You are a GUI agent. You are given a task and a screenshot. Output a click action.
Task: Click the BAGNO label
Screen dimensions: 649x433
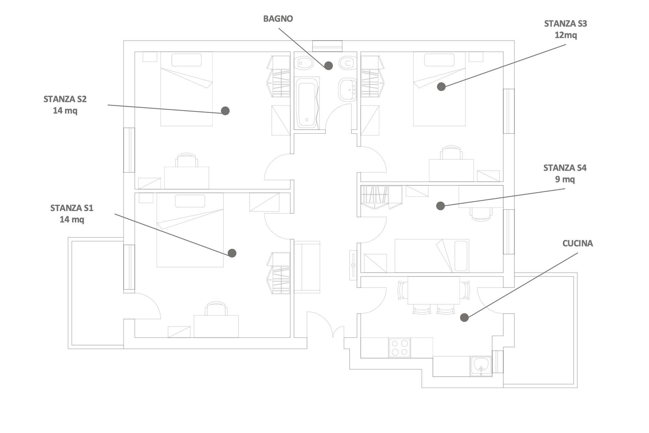278,19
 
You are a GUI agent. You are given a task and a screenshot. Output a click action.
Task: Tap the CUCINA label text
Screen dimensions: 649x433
578,243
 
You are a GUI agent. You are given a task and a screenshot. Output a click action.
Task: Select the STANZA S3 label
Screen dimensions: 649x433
566,24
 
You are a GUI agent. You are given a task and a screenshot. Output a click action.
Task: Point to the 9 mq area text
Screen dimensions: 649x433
565,179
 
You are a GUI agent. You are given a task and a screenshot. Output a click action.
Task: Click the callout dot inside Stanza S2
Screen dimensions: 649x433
225,111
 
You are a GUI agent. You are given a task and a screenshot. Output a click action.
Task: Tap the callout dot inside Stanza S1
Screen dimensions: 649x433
232,253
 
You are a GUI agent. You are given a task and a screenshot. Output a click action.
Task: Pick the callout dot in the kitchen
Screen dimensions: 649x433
464,317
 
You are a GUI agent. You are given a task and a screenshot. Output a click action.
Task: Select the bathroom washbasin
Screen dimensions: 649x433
347,89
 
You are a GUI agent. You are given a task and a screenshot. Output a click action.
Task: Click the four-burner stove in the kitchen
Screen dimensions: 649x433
400,348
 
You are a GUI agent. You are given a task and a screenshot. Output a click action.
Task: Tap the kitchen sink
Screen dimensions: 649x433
481,366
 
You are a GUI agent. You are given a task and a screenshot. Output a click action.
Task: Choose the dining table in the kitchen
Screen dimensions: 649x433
434,290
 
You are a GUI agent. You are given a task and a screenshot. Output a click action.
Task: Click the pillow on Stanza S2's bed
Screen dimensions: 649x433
187,60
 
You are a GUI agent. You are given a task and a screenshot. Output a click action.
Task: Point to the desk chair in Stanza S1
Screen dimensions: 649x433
216,309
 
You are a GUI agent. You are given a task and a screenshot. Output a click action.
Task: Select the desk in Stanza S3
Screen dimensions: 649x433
451,170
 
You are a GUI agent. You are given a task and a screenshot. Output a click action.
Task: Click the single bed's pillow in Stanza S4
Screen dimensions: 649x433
461,256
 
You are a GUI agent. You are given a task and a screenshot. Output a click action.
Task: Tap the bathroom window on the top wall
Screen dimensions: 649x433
327,46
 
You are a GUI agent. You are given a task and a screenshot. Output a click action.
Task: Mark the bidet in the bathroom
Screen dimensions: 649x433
304,63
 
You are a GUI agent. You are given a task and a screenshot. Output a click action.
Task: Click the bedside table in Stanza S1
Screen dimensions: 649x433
146,198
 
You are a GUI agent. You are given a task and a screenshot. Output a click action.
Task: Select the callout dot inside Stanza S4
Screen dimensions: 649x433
440,206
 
